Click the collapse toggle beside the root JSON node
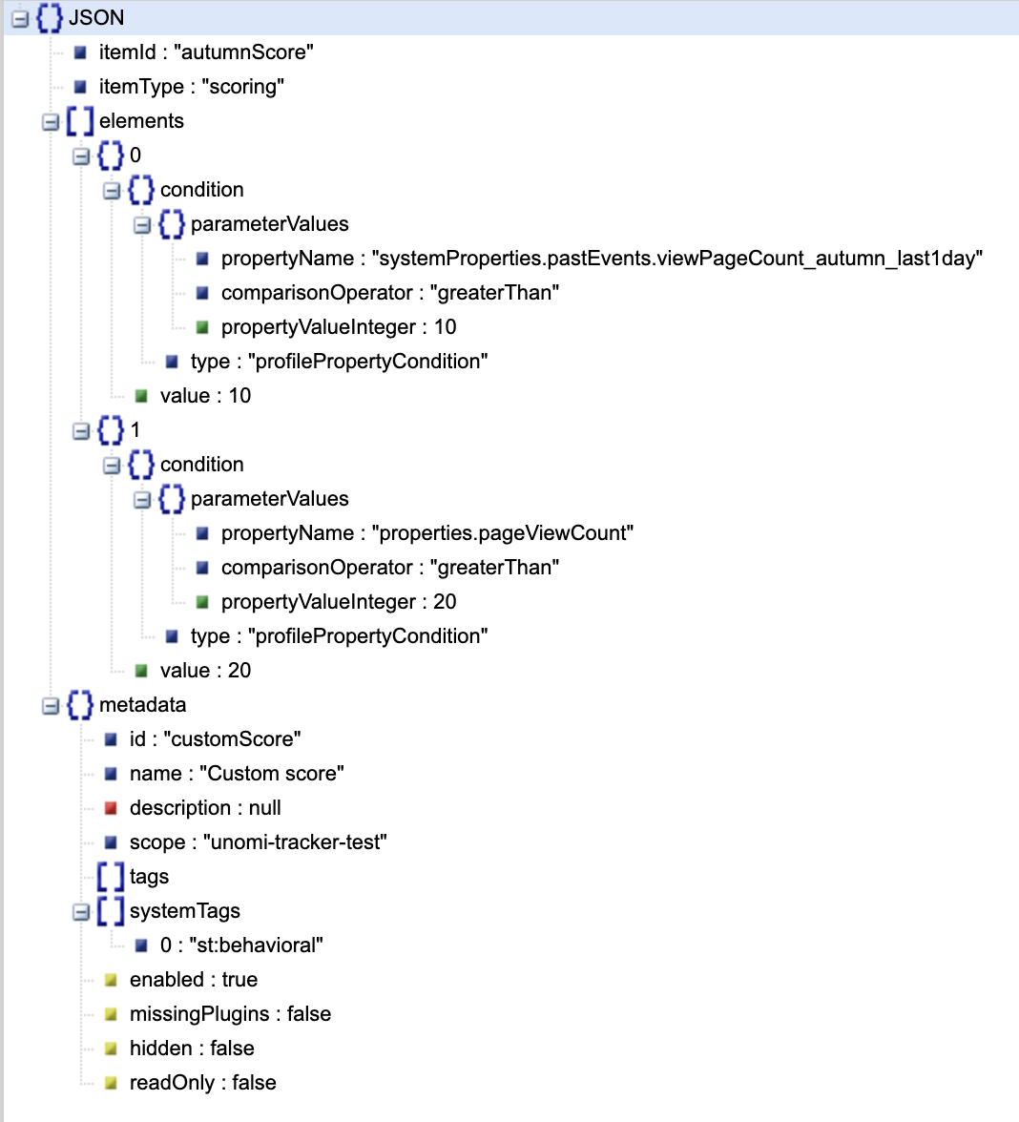coord(20,18)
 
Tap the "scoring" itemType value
coord(242,87)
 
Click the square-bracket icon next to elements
coord(80,121)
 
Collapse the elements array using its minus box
coord(50,122)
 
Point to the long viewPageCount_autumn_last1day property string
coord(677,259)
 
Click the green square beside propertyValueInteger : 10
coord(202,327)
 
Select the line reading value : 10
coord(205,396)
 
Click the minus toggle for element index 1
coord(81,431)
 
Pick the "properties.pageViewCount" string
coord(502,533)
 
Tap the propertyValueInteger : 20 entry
coord(339,602)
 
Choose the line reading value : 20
coord(205,671)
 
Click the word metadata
coord(142,705)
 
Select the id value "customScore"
coord(232,739)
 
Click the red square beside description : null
coord(111,808)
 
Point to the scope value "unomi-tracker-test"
coord(295,842)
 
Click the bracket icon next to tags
coord(111,877)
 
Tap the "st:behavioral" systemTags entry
coord(256,945)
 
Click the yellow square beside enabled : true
coord(111,980)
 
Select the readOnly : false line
coord(202,1083)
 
